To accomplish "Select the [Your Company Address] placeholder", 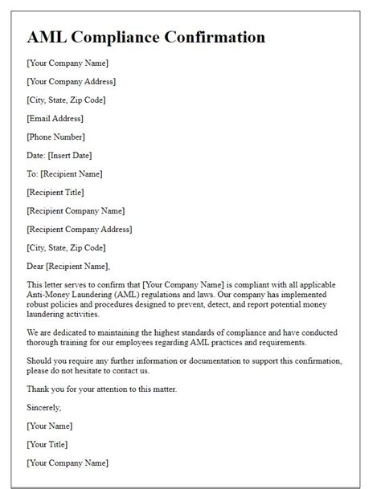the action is click(72, 81).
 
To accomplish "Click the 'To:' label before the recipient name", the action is click(33, 173).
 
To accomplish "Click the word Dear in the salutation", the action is click(37, 266).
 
